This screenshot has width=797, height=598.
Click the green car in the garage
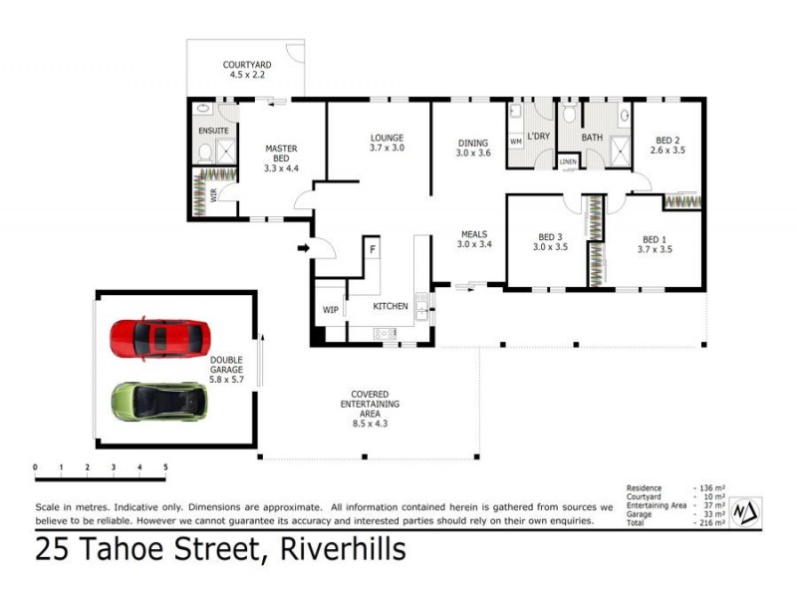click(159, 401)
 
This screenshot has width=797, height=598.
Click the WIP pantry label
click(330, 310)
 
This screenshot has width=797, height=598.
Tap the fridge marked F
click(372, 248)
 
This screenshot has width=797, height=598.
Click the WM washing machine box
click(516, 142)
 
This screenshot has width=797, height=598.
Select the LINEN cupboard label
click(568, 160)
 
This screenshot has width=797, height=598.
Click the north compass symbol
click(745, 510)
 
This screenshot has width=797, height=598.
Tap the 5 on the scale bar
click(165, 466)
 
